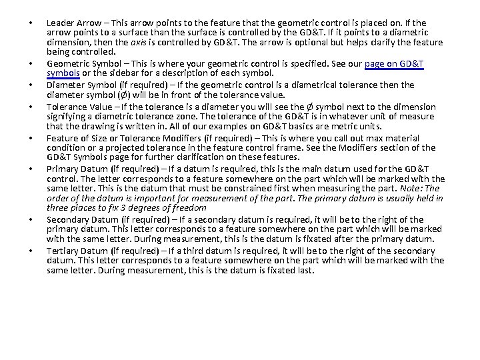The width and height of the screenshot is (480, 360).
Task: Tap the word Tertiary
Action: click(62, 251)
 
